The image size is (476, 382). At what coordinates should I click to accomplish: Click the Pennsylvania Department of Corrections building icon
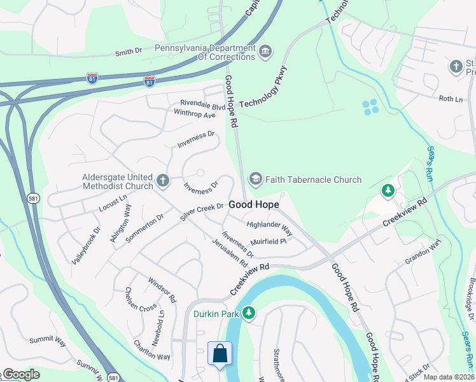(x=265, y=51)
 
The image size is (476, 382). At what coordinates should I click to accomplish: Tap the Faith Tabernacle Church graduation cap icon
(x=256, y=180)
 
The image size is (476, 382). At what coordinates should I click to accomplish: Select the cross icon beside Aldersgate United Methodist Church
(x=162, y=181)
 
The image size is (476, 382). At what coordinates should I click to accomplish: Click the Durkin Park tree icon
(x=249, y=313)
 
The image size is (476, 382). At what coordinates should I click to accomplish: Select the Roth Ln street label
(x=451, y=99)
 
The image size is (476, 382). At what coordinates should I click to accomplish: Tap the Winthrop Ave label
(x=195, y=115)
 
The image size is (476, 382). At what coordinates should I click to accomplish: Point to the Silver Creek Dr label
(x=202, y=211)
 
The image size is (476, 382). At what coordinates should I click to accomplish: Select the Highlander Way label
(x=269, y=227)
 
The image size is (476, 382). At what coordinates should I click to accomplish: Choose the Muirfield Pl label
(x=269, y=242)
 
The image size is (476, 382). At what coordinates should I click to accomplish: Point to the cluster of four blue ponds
(x=370, y=106)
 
